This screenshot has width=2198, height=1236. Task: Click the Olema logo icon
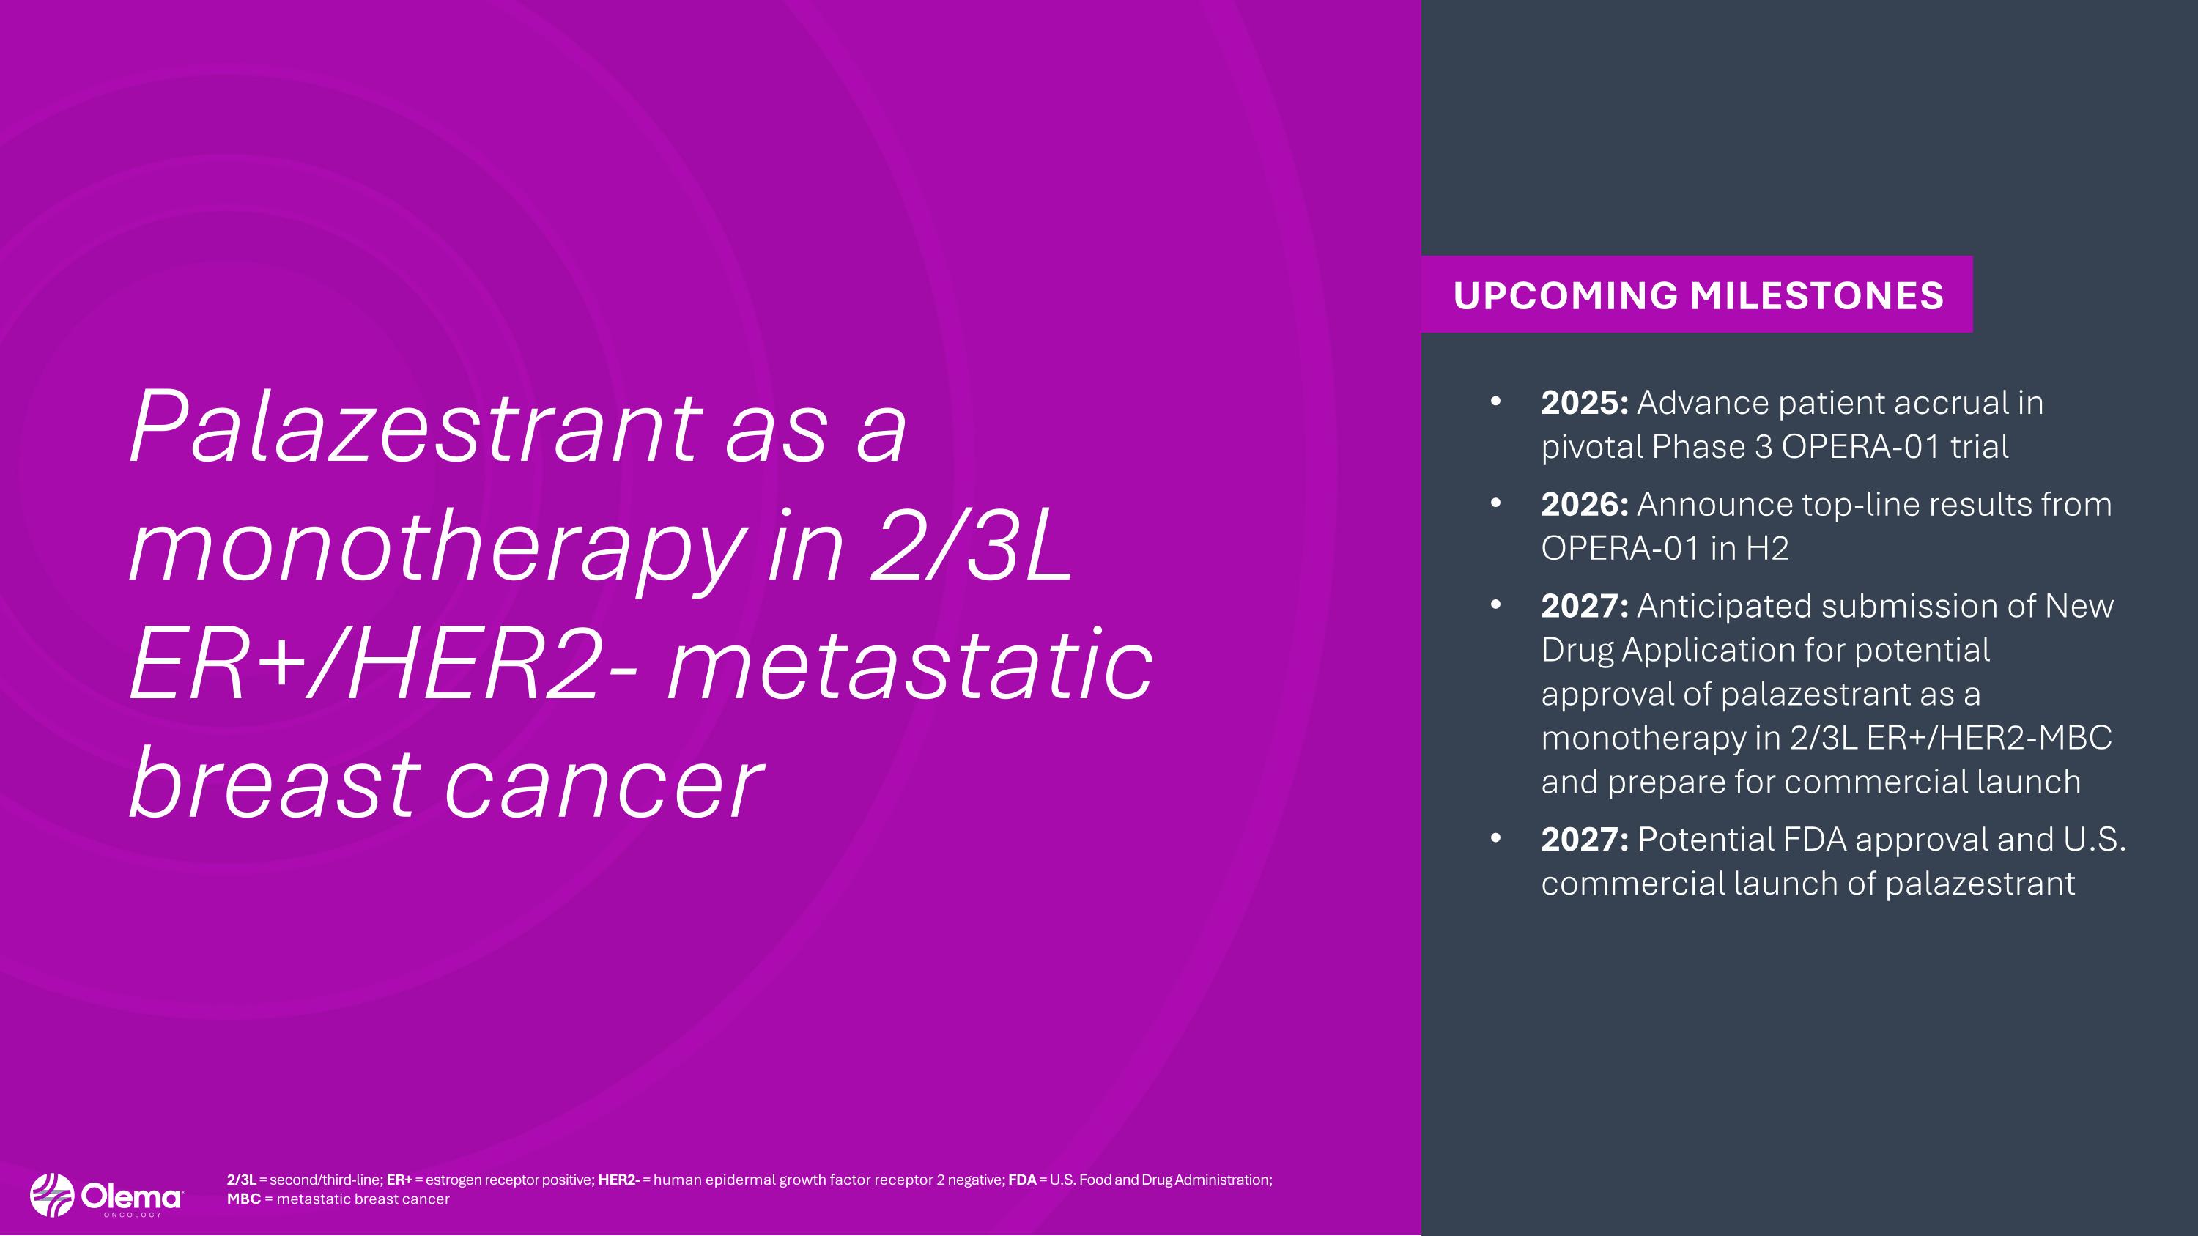[x=52, y=1195]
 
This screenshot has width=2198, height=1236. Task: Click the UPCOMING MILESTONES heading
[x=1698, y=295]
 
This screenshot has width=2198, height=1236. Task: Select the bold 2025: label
[x=1585, y=403]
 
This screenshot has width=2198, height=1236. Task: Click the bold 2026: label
[x=1585, y=504]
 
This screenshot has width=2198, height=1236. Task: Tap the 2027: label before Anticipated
[x=1585, y=606]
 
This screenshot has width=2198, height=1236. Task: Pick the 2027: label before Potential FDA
[x=1585, y=840]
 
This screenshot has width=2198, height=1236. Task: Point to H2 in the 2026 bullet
[x=1767, y=547]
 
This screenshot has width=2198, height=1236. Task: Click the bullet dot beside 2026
[x=1495, y=503]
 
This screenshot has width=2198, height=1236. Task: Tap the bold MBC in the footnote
[x=244, y=1199]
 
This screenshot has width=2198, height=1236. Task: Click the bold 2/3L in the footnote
[x=242, y=1180]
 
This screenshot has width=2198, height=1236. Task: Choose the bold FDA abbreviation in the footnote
[x=1022, y=1180]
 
